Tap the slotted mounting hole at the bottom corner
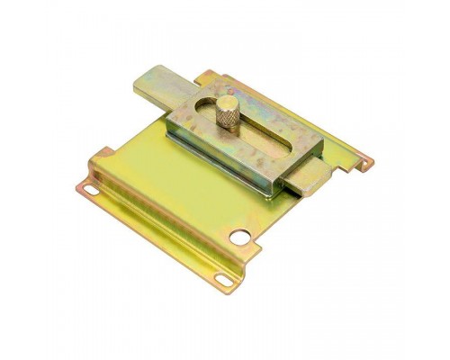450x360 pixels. point(221,280)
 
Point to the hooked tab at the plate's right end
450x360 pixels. point(365,163)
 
